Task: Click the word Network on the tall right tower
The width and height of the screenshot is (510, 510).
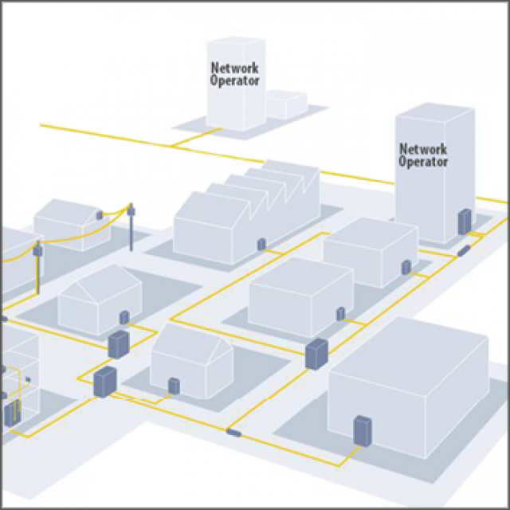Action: coord(423,149)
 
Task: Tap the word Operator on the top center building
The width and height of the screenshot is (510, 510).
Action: coord(235,80)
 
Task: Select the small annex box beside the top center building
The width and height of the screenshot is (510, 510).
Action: coord(285,104)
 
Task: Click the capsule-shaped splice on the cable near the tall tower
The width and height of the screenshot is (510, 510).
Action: coord(464,251)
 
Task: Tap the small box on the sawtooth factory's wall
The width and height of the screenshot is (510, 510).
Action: coord(261,243)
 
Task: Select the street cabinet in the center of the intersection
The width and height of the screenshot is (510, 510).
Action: coord(316,353)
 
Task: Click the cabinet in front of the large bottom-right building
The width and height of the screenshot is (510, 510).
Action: coord(363,431)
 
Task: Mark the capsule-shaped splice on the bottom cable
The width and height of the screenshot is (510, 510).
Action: coord(234,432)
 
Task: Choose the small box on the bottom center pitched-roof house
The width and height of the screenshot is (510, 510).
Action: coord(174,385)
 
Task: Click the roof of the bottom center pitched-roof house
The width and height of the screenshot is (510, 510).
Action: coord(191,341)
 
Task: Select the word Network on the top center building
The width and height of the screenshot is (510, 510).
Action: coord(235,69)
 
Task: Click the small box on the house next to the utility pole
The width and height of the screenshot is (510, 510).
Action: coord(100,215)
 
